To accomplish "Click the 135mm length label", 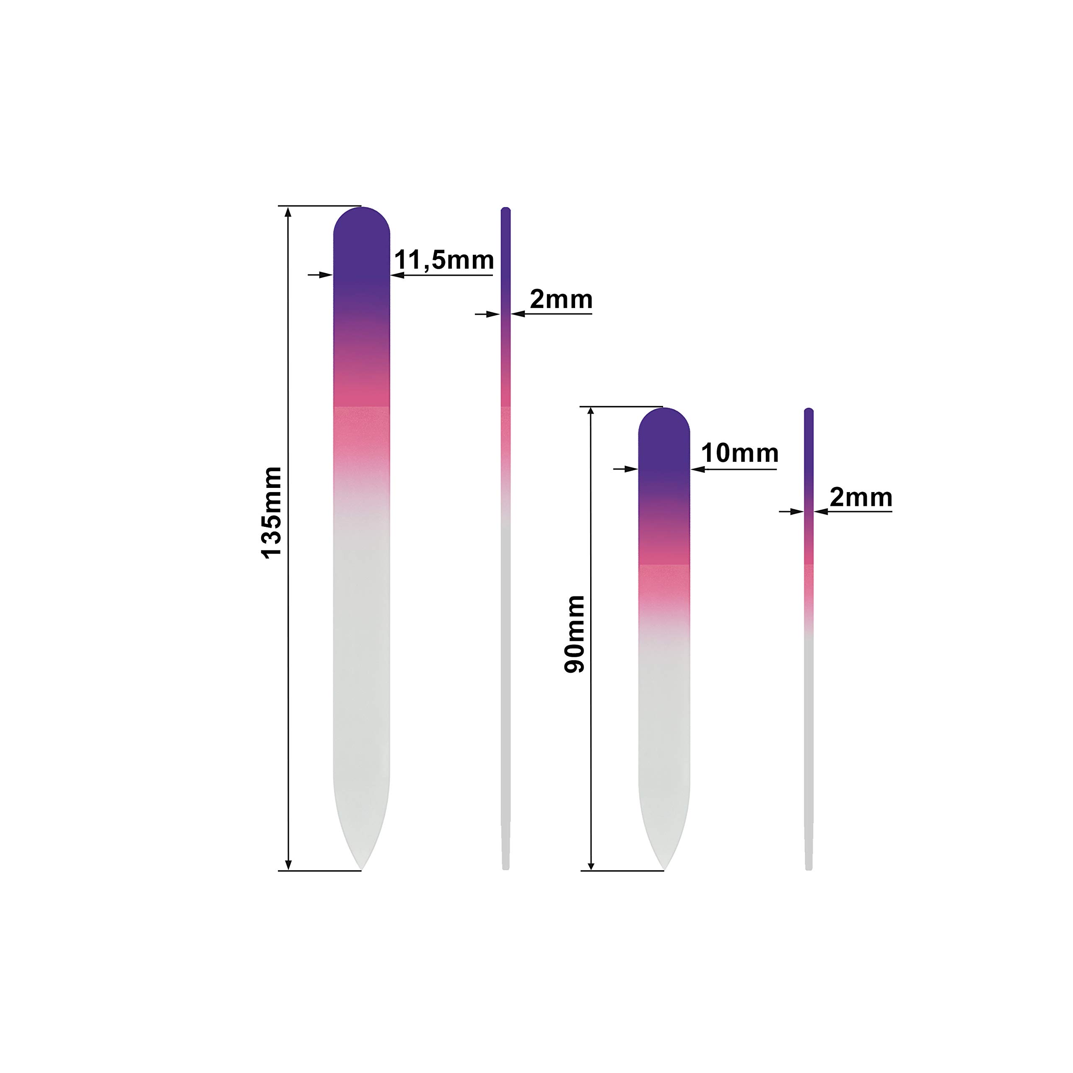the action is click(272, 512).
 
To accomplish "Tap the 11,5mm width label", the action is click(444, 260).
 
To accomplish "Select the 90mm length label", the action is click(575, 634).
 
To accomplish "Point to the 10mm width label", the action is click(739, 453).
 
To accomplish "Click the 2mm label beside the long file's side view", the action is click(561, 299).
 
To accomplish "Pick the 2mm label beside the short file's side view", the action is click(861, 498).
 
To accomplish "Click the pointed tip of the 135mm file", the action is click(361, 869).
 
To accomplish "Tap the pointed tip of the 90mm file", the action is click(663, 869).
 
